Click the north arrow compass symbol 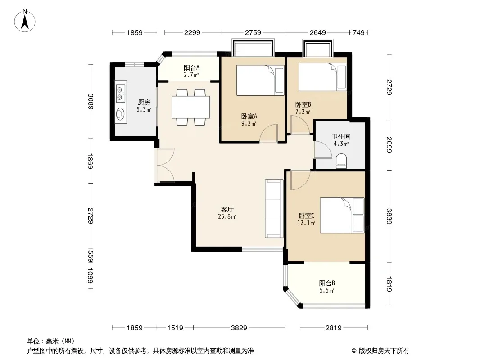pos(25,21)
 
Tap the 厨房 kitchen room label pos(144,103)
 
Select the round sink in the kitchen pos(121,114)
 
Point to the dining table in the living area pos(191,107)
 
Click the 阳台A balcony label pos(192,67)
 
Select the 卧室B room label pos(303,104)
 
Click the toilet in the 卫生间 pos(341,161)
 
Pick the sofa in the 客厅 pos(274,209)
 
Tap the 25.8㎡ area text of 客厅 pos(227,217)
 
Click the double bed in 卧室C pos(342,215)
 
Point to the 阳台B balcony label pos(327,283)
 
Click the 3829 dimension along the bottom pos(239,328)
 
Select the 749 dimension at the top pos(359,32)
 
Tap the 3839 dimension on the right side pos(389,216)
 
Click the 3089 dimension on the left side pos(91,102)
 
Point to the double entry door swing pos(165,166)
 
